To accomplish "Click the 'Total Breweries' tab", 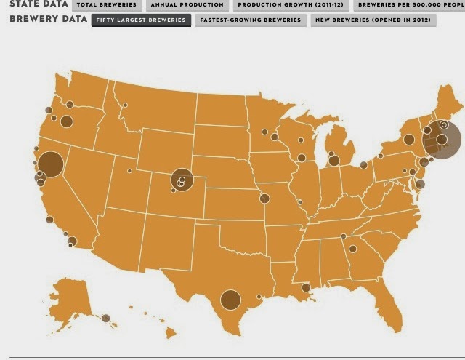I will [x=106, y=5].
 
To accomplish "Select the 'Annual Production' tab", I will [x=187, y=5].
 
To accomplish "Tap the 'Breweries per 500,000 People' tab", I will [x=410, y=5].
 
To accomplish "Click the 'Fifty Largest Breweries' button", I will [x=140, y=20].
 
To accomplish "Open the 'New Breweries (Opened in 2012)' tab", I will [x=373, y=20].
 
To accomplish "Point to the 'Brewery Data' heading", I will [x=44, y=19].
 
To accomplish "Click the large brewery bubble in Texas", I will [x=230, y=299].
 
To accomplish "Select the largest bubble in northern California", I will [x=51, y=164].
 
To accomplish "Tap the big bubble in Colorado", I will [x=182, y=179].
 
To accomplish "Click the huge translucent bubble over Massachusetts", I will [x=441, y=138].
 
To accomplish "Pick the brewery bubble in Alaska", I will [x=105, y=318].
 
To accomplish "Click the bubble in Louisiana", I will [x=306, y=287].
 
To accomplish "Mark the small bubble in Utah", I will [x=129, y=171].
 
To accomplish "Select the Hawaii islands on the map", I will [x=169, y=333].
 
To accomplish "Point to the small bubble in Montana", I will [x=125, y=105].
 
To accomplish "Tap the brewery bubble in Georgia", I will [x=352, y=249].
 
